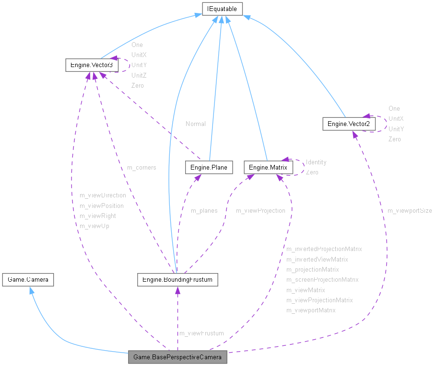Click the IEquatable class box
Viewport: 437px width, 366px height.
pyautogui.click(x=222, y=9)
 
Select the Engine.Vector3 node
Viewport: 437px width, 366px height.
pyautogui.click(x=92, y=65)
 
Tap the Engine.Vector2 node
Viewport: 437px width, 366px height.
pyautogui.click(x=349, y=124)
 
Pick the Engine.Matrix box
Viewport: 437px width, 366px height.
pyautogui.click(x=268, y=167)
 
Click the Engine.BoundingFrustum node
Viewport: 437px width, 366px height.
pyautogui.click(x=177, y=279)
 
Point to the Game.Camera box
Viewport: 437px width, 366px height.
pyautogui.click(x=28, y=279)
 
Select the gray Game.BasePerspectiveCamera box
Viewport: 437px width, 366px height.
pyautogui.click(x=177, y=357)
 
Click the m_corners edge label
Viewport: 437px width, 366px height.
pyautogui.click(x=142, y=168)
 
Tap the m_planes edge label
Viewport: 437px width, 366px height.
pyautogui.click(x=204, y=210)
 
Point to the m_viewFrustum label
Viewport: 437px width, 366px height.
pyautogui.click(x=201, y=333)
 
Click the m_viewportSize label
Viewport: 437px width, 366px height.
pyautogui.click(x=410, y=210)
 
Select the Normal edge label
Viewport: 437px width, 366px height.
pyautogui.click(x=196, y=124)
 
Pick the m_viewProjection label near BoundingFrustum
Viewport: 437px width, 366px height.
pyautogui.click(x=260, y=210)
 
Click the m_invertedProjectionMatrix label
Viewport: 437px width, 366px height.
pyautogui.click(x=324, y=249)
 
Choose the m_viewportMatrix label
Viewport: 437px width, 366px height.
pyautogui.click(x=311, y=310)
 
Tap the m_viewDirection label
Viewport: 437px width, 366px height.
pyautogui.click(x=103, y=195)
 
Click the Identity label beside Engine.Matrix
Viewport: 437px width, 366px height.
pyautogui.click(x=316, y=162)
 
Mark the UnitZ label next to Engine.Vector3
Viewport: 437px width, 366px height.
pyautogui.click(x=139, y=75)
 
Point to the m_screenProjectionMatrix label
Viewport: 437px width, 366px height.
pyautogui.click(x=322, y=279)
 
